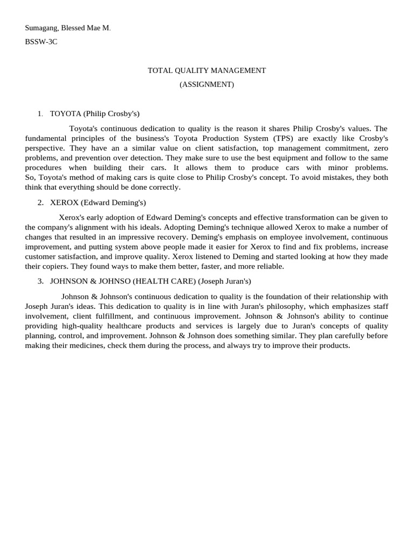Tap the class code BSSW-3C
41,42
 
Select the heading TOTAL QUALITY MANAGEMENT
207,70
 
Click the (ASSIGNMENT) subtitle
207,84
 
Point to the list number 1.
39,114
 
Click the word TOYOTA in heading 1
65,114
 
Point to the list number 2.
40,203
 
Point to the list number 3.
40,281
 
